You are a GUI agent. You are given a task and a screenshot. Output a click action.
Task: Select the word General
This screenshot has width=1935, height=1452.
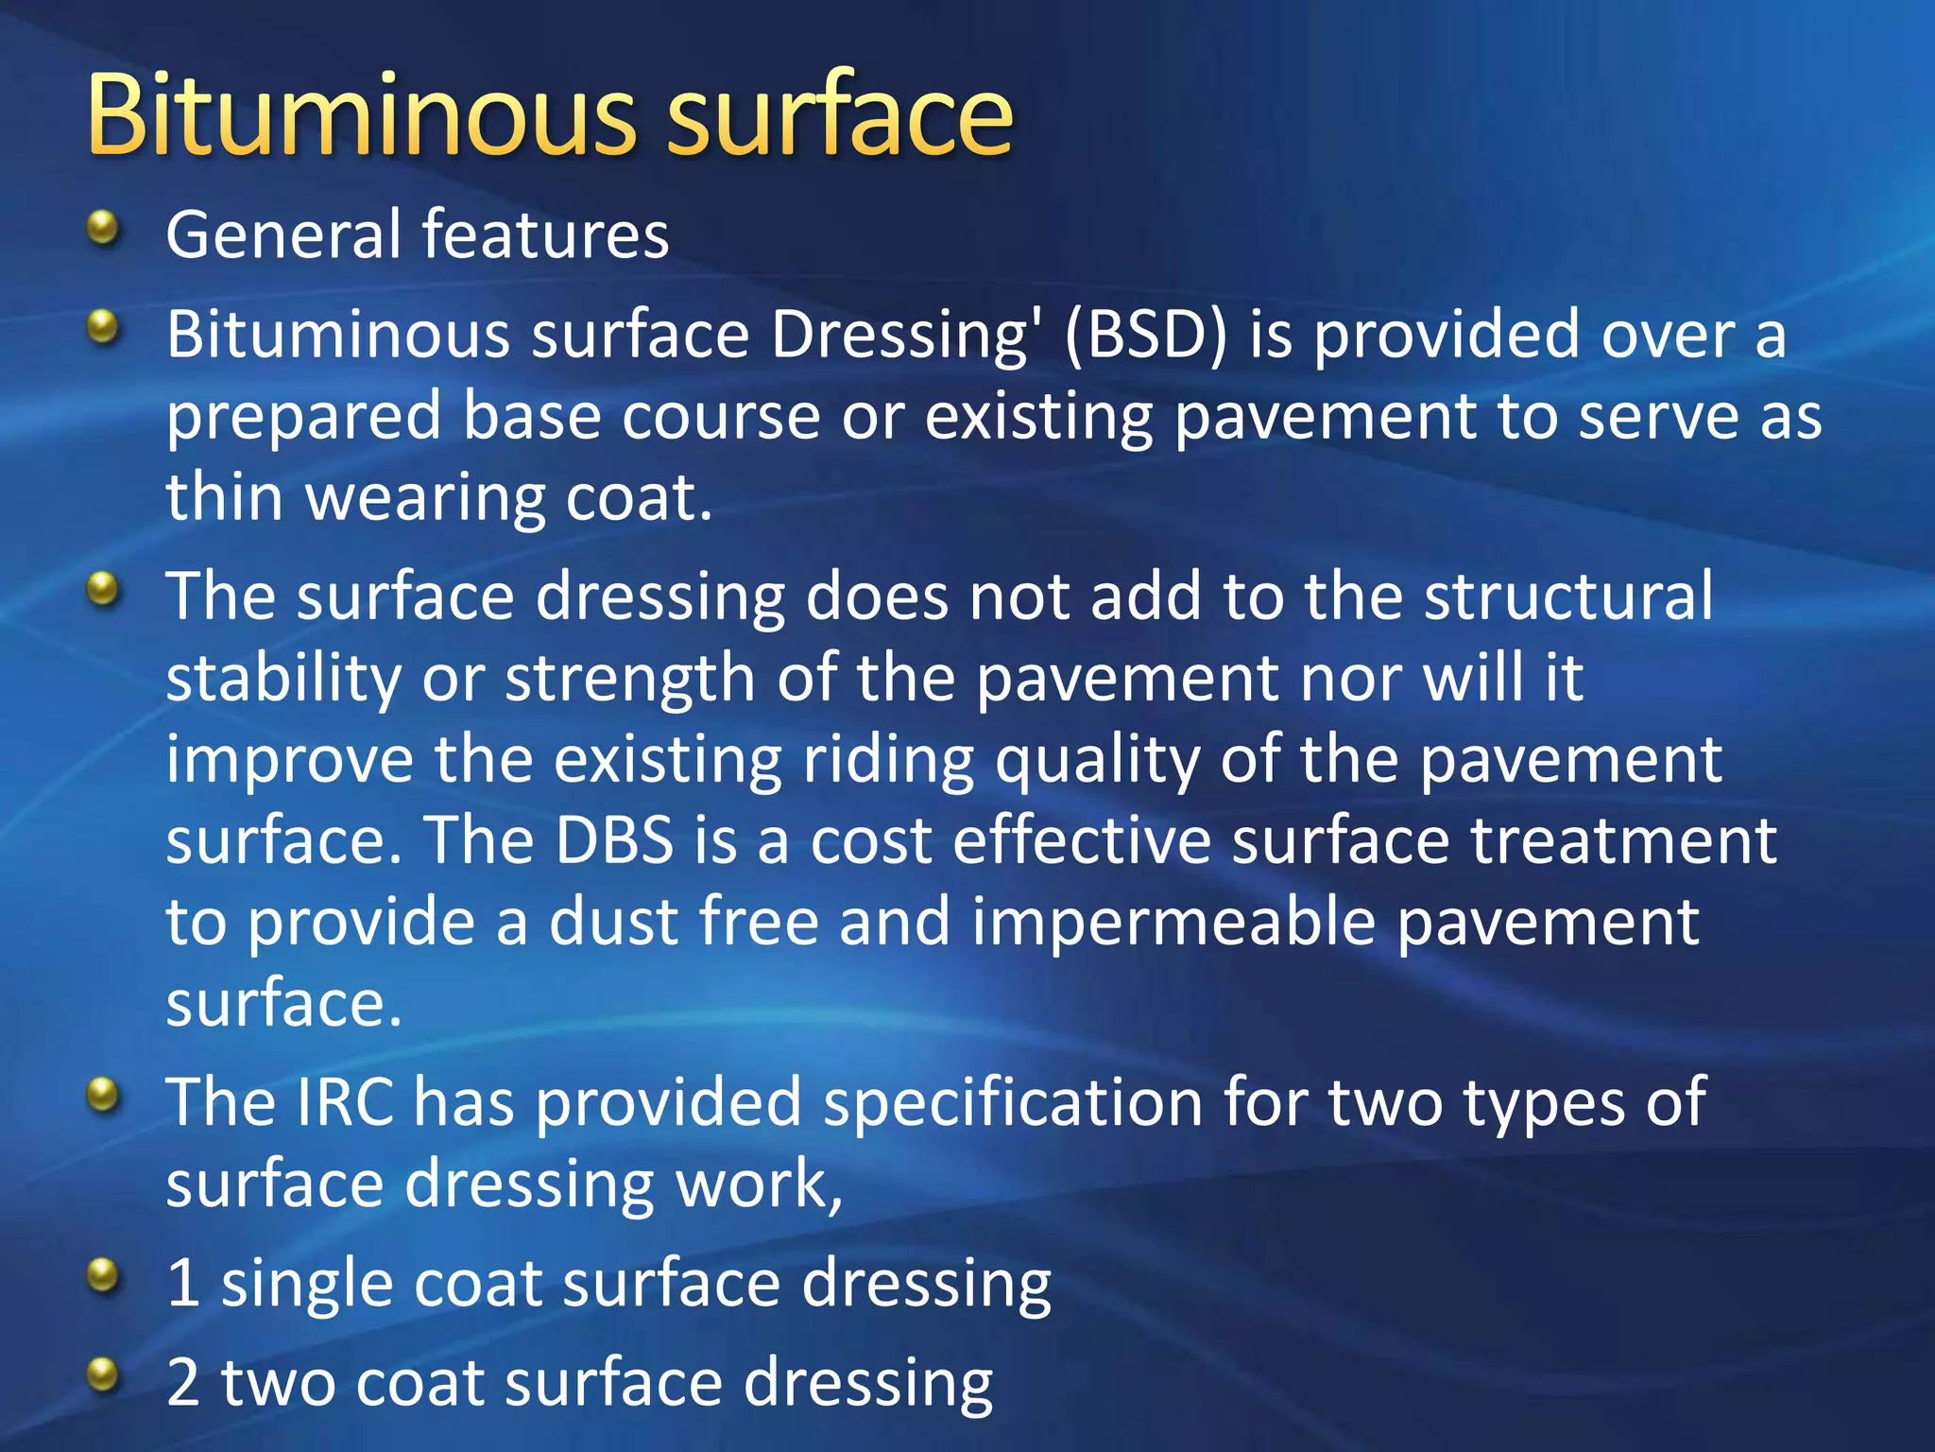pyautogui.click(x=284, y=234)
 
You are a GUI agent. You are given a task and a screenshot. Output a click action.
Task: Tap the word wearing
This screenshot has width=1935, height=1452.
pyautogui.click(x=425, y=499)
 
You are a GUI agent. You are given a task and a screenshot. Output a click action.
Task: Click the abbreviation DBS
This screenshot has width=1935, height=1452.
pyautogui.click(x=614, y=839)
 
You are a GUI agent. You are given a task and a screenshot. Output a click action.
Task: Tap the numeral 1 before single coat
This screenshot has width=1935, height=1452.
pyautogui.click(x=182, y=1284)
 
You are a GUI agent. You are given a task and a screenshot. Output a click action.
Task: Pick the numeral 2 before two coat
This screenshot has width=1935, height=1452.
pyautogui.click(x=183, y=1383)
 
